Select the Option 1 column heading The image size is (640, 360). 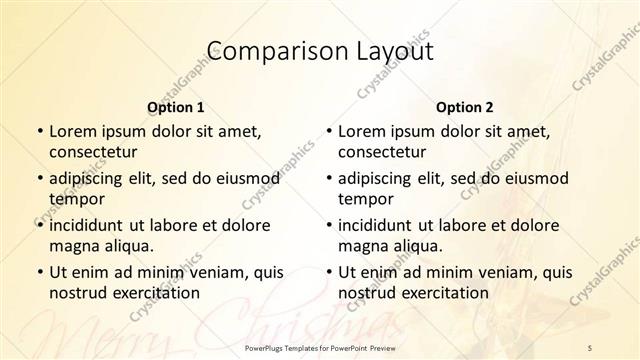(x=175, y=106)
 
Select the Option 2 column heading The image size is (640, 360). (x=464, y=106)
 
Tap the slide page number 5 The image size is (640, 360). (x=590, y=345)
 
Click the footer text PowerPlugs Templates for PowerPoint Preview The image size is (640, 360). (x=320, y=345)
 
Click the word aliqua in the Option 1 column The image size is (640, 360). (x=128, y=245)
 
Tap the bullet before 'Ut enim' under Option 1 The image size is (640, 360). (x=38, y=273)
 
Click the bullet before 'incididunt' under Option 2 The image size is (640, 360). (x=328, y=226)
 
